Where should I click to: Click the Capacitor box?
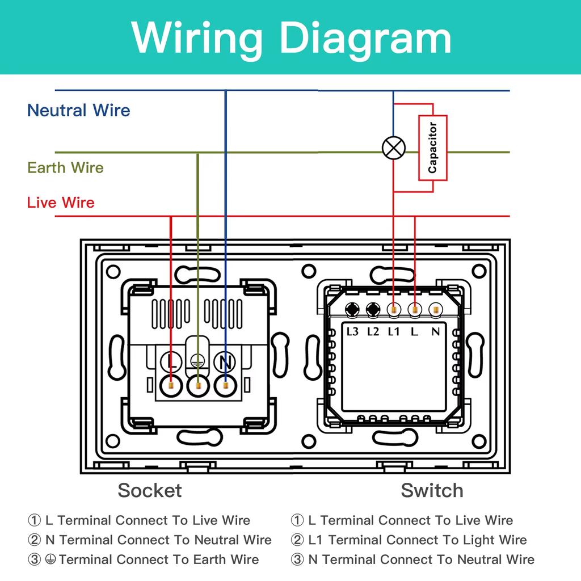(x=433, y=148)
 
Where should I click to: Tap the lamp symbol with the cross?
(x=393, y=149)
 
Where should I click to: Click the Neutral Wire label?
(x=78, y=110)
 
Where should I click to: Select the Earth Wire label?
(x=65, y=168)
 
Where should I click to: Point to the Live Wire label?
(x=61, y=203)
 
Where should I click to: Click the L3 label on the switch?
(x=353, y=331)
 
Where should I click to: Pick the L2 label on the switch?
(x=373, y=331)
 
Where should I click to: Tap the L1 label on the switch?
(x=394, y=331)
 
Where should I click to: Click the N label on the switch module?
(x=435, y=331)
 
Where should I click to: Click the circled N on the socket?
(x=225, y=360)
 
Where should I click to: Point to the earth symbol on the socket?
(x=198, y=360)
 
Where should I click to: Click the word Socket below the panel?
(x=150, y=490)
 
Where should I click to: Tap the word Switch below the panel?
(x=432, y=490)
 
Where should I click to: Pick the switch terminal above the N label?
(x=435, y=310)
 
